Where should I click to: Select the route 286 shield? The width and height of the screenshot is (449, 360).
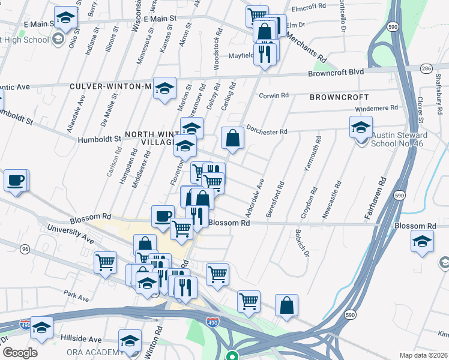click(x=427, y=68)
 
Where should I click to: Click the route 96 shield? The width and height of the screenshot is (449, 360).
click(x=25, y=248)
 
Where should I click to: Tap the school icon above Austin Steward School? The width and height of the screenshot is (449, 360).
click(x=361, y=128)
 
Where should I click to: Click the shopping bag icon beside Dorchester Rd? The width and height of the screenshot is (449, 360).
click(x=232, y=139)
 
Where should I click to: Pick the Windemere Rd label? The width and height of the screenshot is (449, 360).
click(x=378, y=108)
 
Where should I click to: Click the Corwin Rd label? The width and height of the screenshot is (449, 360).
click(x=274, y=95)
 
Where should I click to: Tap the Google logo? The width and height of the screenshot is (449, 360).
click(x=20, y=353)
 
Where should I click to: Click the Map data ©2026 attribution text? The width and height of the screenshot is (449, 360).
click(x=424, y=355)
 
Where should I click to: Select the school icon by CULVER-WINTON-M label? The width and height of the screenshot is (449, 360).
click(x=164, y=89)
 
